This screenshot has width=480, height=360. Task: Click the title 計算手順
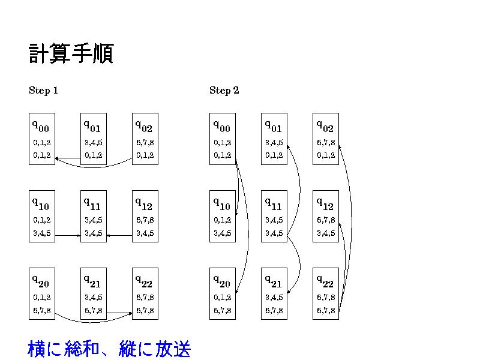[71, 54]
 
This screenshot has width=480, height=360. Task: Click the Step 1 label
[43, 91]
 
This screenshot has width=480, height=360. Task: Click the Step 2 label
[224, 91]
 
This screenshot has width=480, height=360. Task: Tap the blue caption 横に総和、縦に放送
[109, 348]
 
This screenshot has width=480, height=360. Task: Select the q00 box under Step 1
[41, 139]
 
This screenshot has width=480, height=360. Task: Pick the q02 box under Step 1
[145, 139]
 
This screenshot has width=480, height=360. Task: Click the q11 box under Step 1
[93, 216]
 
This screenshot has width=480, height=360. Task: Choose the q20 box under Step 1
[41, 293]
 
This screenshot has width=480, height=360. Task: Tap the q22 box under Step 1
[145, 293]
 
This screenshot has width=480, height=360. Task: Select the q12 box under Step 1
[145, 216]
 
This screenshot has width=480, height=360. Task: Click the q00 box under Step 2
[222, 139]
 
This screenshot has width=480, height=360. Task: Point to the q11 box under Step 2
[274, 216]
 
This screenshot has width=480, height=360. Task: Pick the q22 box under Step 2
[325, 293]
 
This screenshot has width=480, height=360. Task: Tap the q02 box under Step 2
[325, 139]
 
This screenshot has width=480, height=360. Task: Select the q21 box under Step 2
[274, 293]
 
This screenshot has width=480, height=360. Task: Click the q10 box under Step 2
[222, 216]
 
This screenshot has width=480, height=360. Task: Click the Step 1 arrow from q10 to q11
[68, 236]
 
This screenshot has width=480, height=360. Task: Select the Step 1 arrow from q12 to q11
[119, 236]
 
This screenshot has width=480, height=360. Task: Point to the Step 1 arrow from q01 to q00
[68, 158]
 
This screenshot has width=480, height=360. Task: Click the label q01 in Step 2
[274, 126]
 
